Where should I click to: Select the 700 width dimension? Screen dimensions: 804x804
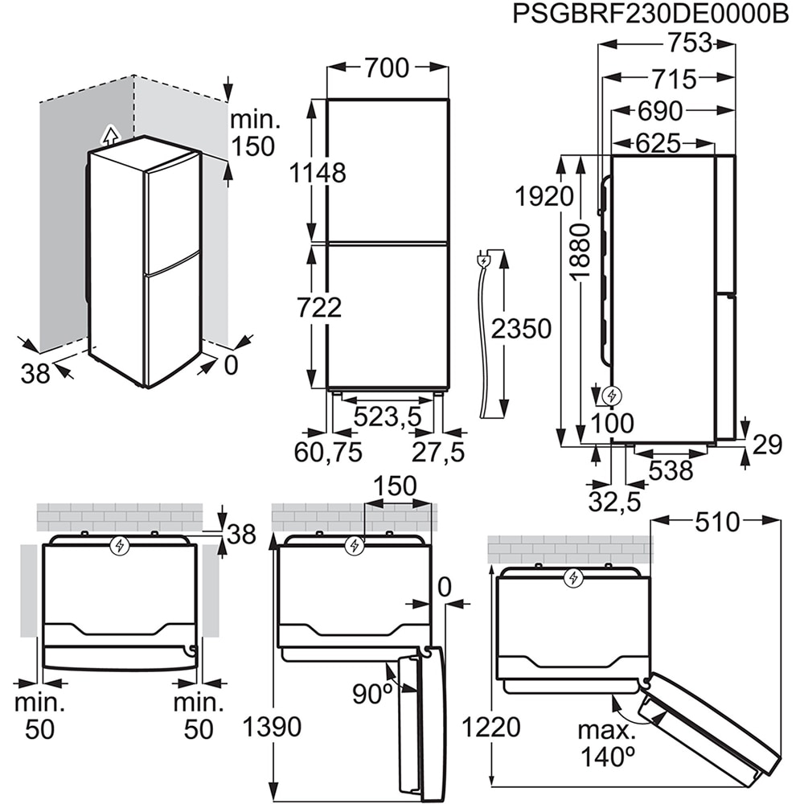[387, 69]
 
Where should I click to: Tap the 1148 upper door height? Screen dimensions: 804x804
[319, 172]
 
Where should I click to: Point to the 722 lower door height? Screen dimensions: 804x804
[318, 307]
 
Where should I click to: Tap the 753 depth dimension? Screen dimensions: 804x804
[689, 43]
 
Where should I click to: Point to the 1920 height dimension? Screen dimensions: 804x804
[546, 196]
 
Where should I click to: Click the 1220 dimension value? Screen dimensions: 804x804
[491, 728]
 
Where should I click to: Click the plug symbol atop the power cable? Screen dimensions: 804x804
[485, 260]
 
